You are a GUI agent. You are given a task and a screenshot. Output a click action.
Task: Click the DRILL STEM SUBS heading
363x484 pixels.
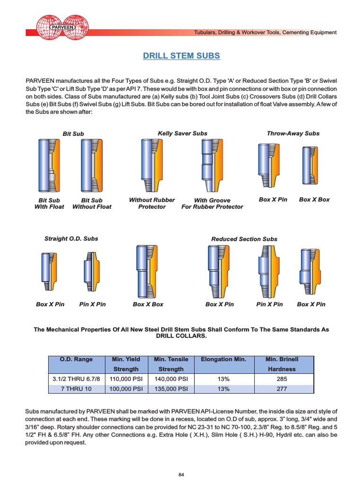point(181,56)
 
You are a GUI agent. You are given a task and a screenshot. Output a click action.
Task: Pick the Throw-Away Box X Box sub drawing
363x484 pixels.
point(314,165)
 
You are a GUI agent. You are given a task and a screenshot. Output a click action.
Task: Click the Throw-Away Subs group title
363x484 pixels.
point(293,133)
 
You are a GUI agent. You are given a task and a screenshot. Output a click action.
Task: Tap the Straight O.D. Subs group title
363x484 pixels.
point(71,239)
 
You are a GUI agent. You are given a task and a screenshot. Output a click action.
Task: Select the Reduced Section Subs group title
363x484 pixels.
point(244,239)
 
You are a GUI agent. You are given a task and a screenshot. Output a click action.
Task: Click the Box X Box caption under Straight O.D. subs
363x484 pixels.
point(148,304)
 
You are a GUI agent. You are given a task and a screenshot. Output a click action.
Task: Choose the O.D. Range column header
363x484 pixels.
point(76,360)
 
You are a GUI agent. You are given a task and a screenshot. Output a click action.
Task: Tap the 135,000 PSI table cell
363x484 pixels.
point(171,389)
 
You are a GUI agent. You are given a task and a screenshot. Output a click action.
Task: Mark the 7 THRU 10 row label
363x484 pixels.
point(76,389)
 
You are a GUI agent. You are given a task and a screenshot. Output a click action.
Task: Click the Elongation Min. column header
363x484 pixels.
point(224,360)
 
